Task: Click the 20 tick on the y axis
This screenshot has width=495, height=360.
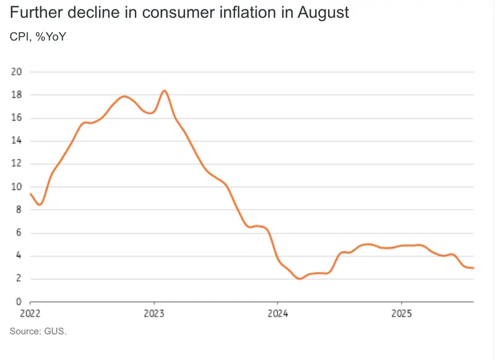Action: click(17, 72)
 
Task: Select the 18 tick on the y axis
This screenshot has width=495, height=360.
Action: click(17, 95)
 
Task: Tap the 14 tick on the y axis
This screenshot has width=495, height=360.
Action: click(17, 141)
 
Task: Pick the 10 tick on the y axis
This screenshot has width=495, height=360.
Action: click(17, 187)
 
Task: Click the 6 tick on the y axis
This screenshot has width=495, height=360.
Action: click(19, 233)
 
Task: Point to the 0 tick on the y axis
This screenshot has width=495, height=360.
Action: click(19, 302)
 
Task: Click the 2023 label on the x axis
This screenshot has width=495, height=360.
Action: click(154, 314)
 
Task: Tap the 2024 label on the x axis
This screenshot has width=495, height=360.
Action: click(278, 314)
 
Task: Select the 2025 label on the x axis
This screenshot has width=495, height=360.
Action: click(402, 314)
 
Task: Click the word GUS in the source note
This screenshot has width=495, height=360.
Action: click(55, 332)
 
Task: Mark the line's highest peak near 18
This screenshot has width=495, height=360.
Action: click(165, 91)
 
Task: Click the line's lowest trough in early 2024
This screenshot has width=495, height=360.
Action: click(300, 279)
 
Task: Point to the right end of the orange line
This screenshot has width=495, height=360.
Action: click(473, 268)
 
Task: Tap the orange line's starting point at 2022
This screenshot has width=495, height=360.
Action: click(30, 194)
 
